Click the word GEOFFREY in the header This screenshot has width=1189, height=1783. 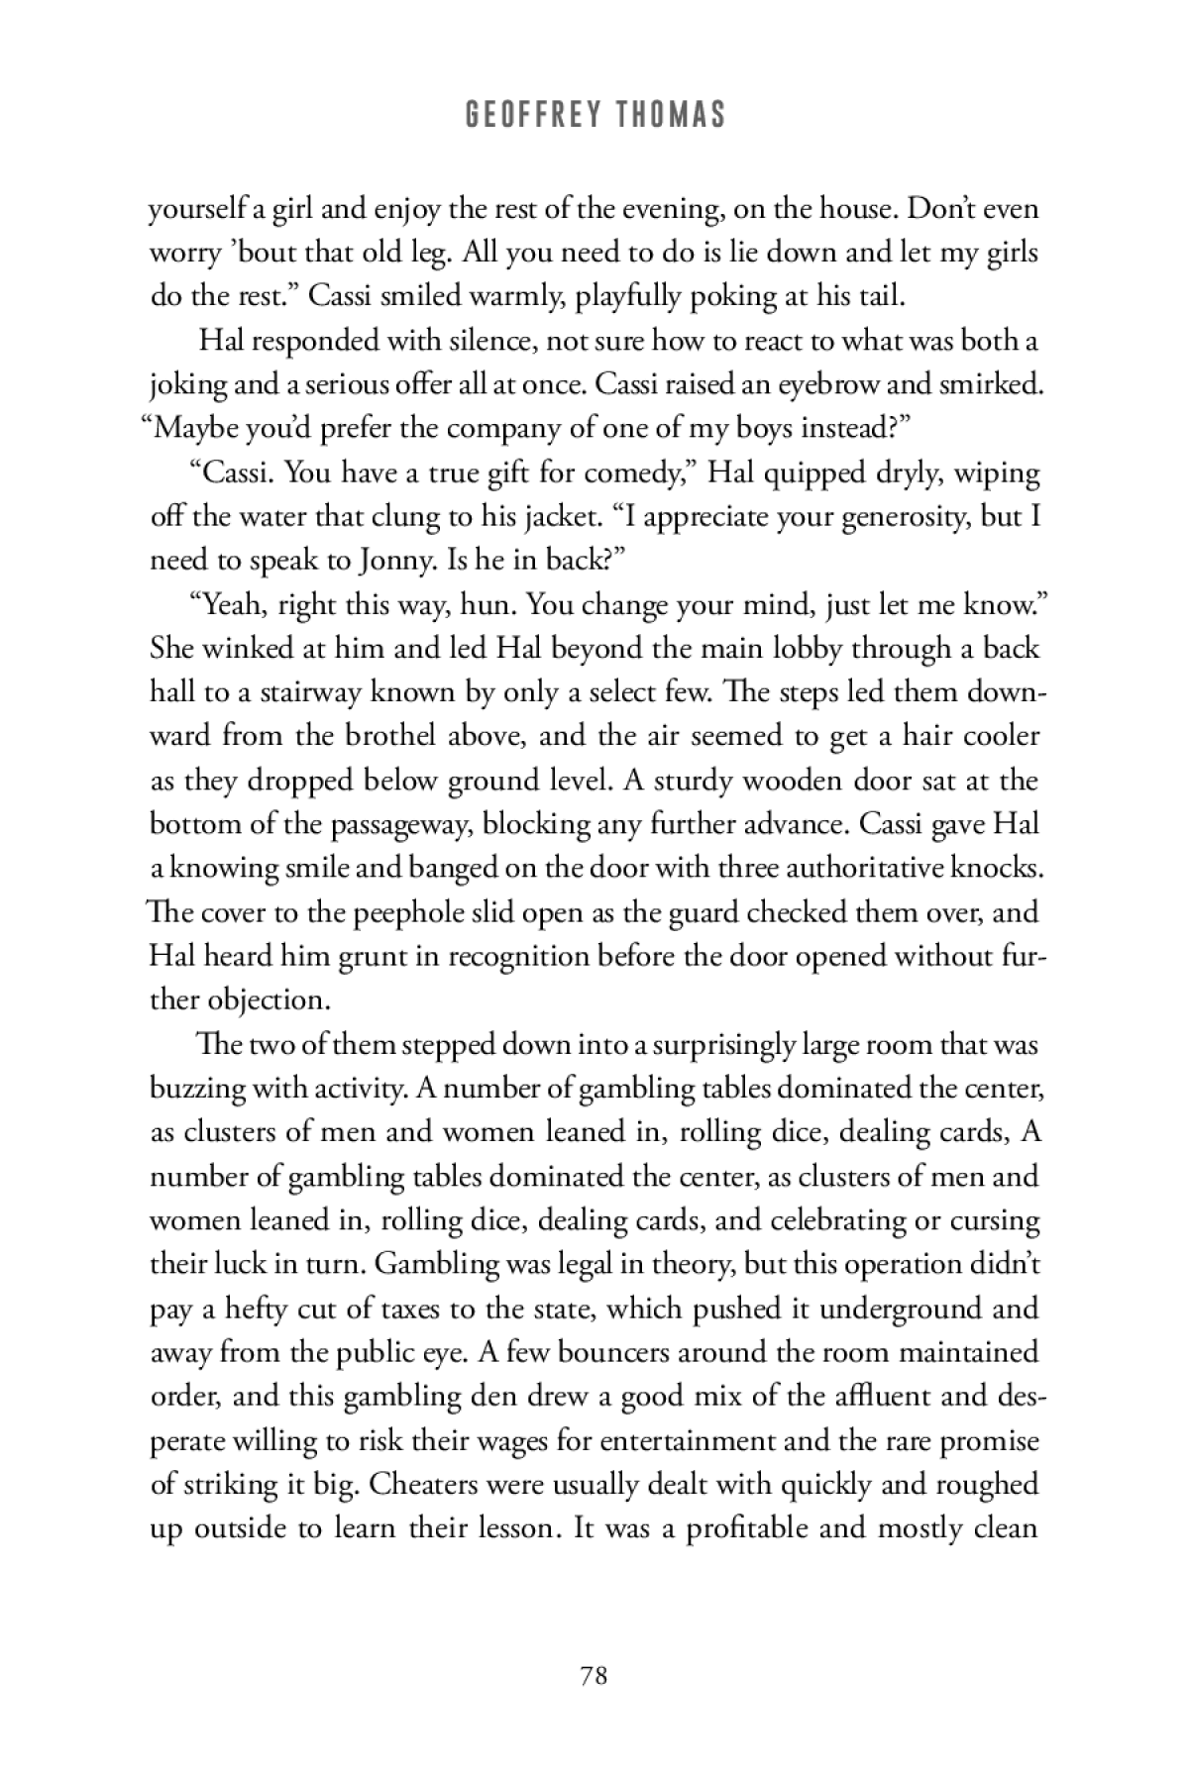521,116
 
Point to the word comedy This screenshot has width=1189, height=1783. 620,472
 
